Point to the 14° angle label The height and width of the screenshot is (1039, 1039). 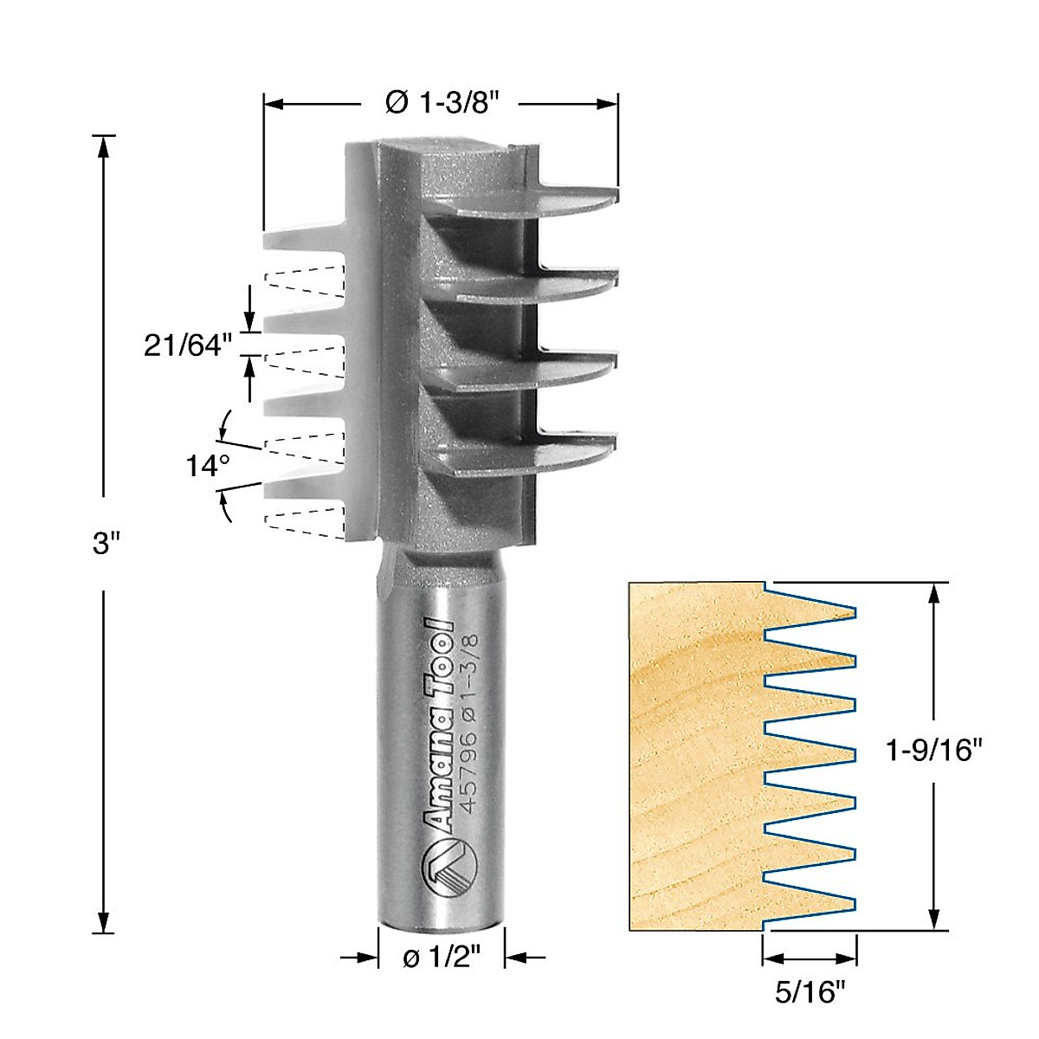tap(208, 467)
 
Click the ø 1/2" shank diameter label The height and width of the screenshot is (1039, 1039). tap(442, 958)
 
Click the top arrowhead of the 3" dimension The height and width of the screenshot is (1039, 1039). tap(104, 145)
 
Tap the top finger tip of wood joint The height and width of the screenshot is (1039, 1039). tap(852, 613)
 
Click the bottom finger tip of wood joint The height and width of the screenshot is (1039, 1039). tap(852, 904)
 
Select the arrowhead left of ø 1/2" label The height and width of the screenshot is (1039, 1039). tap(369, 958)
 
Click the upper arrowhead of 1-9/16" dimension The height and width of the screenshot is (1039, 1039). tap(933, 592)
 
